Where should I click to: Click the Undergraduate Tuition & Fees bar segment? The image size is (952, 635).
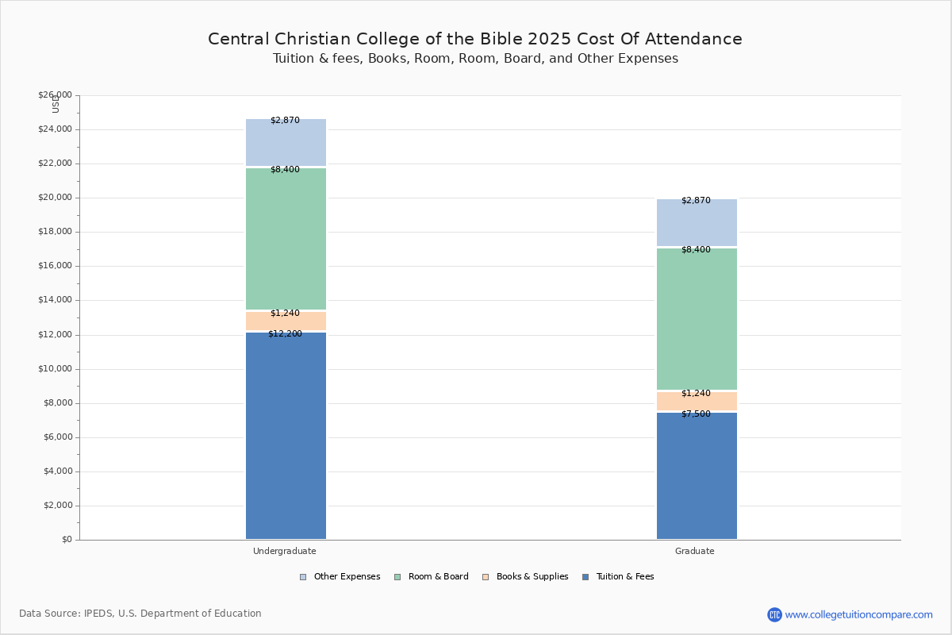[286, 436]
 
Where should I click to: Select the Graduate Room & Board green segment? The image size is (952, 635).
[697, 319]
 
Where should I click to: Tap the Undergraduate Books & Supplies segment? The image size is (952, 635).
[286, 321]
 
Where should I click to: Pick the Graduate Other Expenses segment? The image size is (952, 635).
[697, 222]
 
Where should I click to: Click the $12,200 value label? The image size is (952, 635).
[285, 334]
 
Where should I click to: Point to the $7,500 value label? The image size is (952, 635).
[697, 414]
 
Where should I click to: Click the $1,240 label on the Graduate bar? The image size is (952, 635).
[697, 394]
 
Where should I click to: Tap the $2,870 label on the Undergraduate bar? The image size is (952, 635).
[285, 121]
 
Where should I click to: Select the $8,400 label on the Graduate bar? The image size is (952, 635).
[697, 250]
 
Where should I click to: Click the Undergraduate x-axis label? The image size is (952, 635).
[285, 551]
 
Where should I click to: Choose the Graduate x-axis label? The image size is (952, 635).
[695, 551]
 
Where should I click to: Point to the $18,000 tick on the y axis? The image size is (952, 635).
[56, 231]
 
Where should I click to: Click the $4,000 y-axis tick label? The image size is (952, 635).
[58, 471]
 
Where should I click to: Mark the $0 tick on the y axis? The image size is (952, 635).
[67, 540]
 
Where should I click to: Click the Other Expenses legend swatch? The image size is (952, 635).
[303, 577]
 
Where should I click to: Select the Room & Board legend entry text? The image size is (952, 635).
[439, 577]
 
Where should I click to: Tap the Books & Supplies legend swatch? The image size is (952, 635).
[486, 577]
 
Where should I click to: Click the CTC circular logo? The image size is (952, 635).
[774, 614]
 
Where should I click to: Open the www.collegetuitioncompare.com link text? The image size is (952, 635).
[859, 615]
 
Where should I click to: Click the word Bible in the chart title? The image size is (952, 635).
[502, 39]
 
